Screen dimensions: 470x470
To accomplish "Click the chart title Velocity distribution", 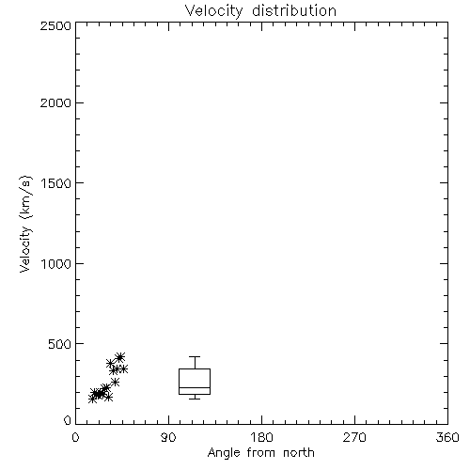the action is pyautogui.click(x=260, y=11).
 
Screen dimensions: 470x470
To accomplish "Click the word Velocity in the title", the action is pyautogui.click(x=213, y=11).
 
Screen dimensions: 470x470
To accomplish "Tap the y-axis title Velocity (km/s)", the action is pyautogui.click(x=25, y=224).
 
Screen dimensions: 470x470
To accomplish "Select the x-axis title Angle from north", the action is pyautogui.click(x=260, y=453).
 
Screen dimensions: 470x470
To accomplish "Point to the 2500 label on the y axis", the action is pyautogui.click(x=55, y=25).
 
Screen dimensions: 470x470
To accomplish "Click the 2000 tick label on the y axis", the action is pyautogui.click(x=55, y=102).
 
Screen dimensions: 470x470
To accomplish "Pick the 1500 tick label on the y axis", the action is pyautogui.click(x=56, y=183).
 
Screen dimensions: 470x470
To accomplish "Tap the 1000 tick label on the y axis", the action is pyautogui.click(x=56, y=264).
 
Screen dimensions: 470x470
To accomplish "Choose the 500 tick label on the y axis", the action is pyautogui.click(x=60, y=344).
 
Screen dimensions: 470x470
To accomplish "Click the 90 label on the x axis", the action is pyautogui.click(x=168, y=437).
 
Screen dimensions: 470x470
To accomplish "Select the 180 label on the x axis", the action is pyautogui.click(x=261, y=437).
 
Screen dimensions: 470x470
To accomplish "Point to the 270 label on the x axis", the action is pyautogui.click(x=354, y=437).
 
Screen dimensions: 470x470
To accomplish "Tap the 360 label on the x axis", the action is pyautogui.click(x=447, y=437).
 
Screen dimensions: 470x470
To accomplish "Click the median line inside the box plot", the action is pyautogui.click(x=195, y=387).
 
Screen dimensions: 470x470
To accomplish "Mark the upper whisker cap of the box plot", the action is pyautogui.click(x=195, y=356).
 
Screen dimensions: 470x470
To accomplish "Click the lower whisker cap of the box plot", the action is pyautogui.click(x=195, y=399).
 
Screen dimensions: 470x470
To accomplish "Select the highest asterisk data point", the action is pyautogui.click(x=120, y=357).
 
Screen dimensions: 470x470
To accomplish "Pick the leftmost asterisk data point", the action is pyautogui.click(x=92, y=399).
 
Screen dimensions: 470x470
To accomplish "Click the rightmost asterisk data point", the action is pyautogui.click(x=123, y=368).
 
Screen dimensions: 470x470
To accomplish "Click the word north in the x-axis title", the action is pyautogui.click(x=299, y=453).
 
